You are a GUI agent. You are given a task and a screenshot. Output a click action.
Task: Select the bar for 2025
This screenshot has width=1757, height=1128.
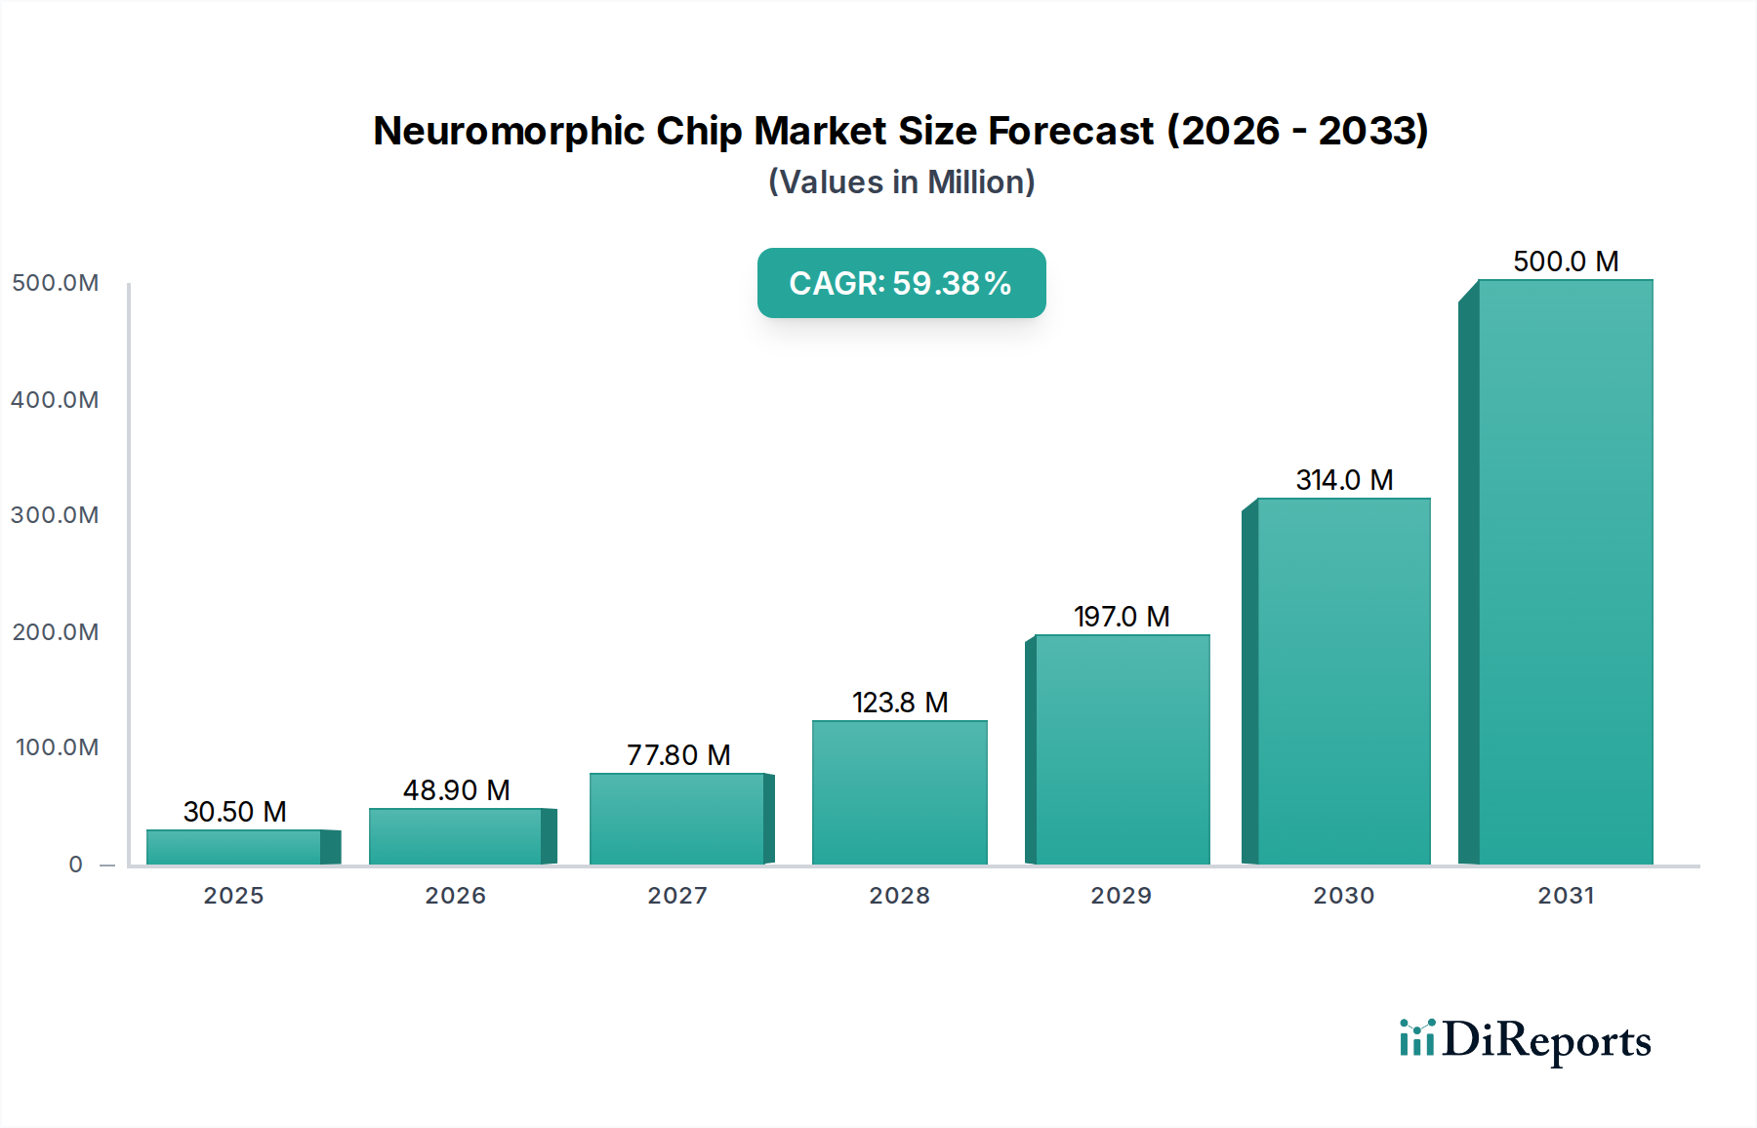pos(234,847)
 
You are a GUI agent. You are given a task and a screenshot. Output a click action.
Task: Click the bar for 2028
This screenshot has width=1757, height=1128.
pos(899,792)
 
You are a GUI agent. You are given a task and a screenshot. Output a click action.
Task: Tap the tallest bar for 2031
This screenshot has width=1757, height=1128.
pos(1565,572)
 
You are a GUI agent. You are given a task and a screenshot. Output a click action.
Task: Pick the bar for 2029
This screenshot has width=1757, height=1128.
pos(1122,749)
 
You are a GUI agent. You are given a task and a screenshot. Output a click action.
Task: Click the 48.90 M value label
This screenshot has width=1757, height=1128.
pos(456,790)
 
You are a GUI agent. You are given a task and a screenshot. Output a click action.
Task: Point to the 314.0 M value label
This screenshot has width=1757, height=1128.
pos(1344,480)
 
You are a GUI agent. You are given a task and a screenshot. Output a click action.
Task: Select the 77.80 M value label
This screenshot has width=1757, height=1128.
pos(678,755)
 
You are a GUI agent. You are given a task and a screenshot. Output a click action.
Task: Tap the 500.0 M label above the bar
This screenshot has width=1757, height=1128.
pos(1566,262)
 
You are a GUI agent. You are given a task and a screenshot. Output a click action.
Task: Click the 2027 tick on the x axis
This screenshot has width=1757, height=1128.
pos(677,896)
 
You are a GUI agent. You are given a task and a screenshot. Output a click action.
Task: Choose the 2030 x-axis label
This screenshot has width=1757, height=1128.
pos(1343,896)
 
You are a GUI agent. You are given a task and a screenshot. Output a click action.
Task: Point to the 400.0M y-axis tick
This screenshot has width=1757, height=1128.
pos(55,400)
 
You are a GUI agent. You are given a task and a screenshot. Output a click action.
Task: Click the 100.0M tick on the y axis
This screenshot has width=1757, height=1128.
pos(57,747)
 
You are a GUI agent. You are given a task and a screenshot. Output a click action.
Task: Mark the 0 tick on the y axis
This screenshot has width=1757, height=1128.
pos(76,865)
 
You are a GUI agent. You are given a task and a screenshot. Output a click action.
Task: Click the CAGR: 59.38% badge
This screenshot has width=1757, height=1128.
pos(901,283)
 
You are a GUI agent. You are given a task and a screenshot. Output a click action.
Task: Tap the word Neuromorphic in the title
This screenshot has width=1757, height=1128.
pos(509,131)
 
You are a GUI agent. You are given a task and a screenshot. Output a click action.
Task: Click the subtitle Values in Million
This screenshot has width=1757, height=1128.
pos(901,182)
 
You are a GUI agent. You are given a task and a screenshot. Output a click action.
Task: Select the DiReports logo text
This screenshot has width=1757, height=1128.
pos(1546,1040)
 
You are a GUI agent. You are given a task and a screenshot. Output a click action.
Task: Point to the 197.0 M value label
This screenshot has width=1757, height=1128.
pos(1122,617)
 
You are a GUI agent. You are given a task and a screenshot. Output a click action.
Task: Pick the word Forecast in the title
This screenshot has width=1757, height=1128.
pos(1071,131)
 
